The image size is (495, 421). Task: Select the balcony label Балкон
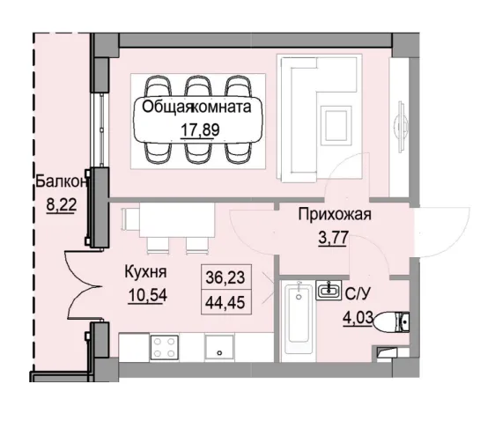[x=61, y=182]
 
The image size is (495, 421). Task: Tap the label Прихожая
[x=335, y=214]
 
